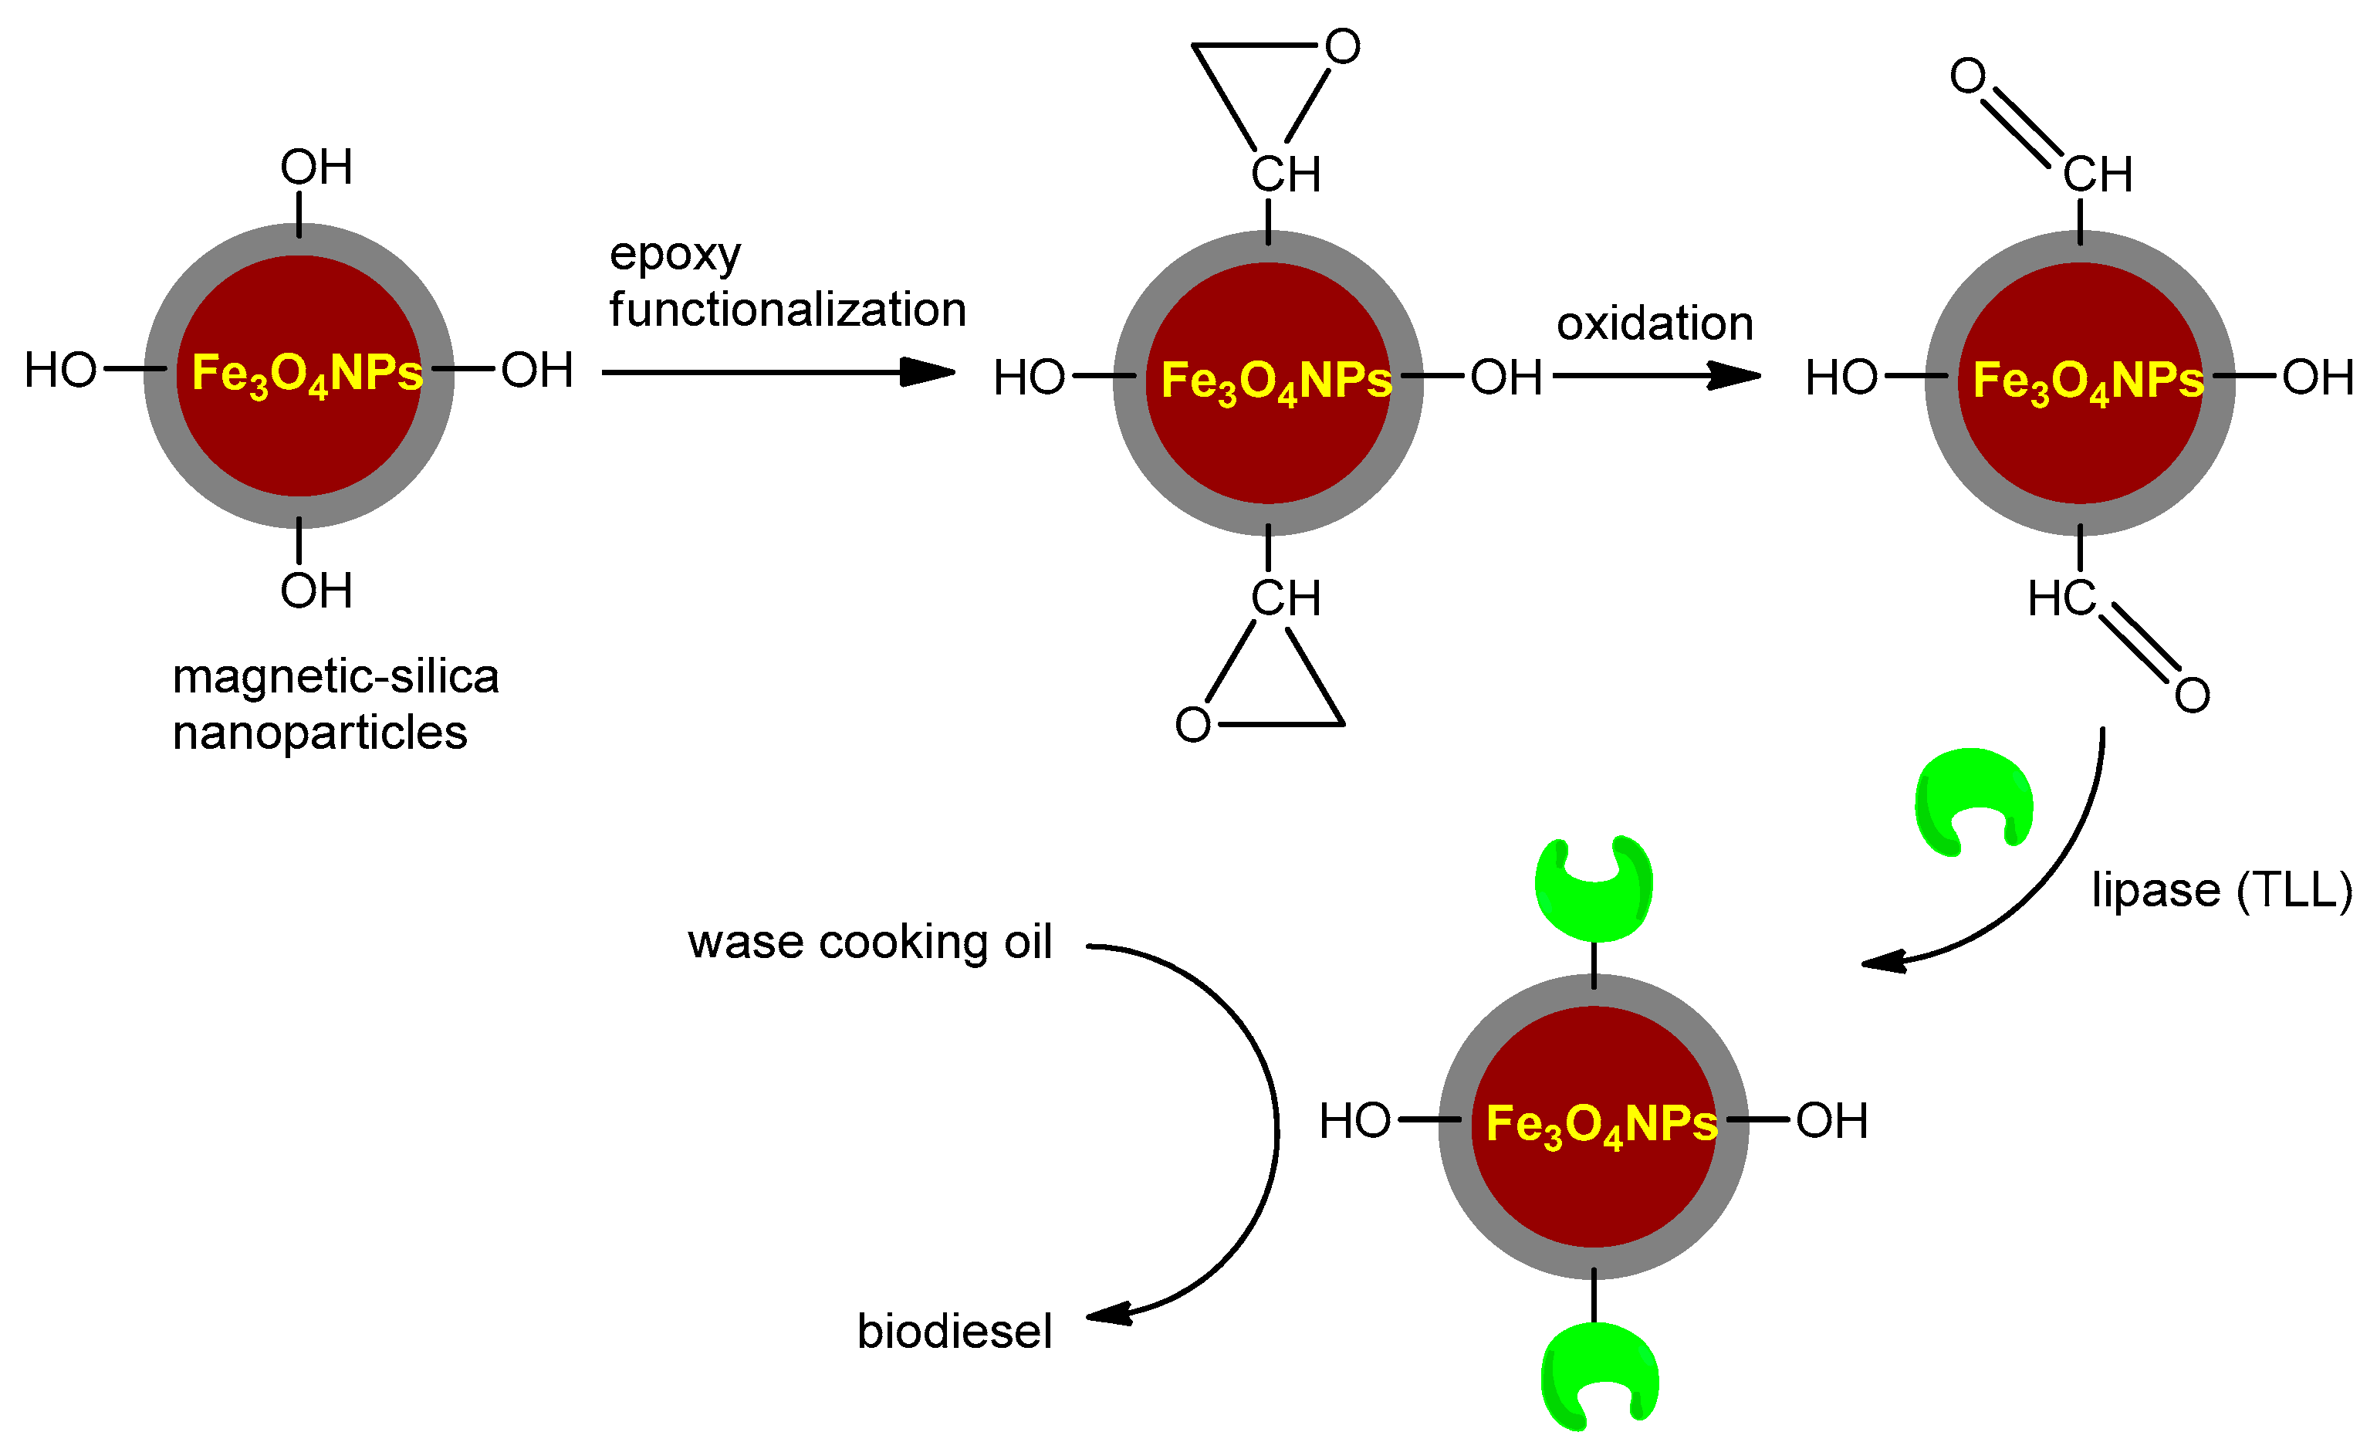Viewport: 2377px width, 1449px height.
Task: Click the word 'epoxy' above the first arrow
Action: [x=675, y=256]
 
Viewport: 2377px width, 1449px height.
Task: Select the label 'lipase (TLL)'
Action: [x=2221, y=889]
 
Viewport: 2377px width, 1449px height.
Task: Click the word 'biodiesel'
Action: [x=953, y=1332]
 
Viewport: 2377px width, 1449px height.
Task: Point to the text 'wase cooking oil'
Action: [x=869, y=942]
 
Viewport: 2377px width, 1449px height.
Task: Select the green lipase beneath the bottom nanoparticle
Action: [x=1598, y=1376]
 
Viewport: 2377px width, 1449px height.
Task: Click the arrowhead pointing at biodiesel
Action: [x=1110, y=1314]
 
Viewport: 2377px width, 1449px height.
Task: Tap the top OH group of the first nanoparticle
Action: [x=316, y=168]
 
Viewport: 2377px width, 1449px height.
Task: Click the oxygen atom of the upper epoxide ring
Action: [x=1342, y=46]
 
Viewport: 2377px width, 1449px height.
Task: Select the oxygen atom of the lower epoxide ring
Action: [x=1192, y=724]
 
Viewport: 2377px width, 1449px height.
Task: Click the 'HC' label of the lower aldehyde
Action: [x=2061, y=598]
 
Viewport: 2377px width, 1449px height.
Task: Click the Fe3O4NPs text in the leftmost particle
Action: [x=307, y=374]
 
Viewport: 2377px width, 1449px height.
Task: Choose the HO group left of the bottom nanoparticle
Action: [x=1354, y=1121]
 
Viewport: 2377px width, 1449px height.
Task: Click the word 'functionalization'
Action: [x=787, y=310]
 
